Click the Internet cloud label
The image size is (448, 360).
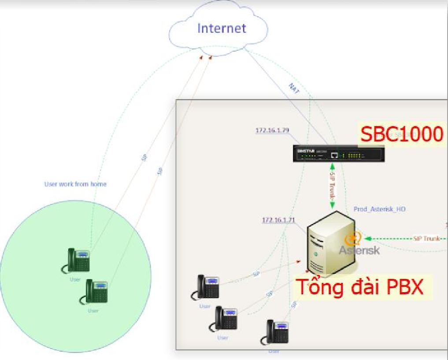(x=221, y=29)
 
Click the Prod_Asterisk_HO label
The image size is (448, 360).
(x=379, y=209)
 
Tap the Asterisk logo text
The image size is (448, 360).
(x=359, y=250)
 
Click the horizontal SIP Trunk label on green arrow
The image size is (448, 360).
(x=426, y=238)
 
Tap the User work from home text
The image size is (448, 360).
(x=75, y=184)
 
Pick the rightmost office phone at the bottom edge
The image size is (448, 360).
(x=276, y=333)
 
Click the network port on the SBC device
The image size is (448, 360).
(x=335, y=155)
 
